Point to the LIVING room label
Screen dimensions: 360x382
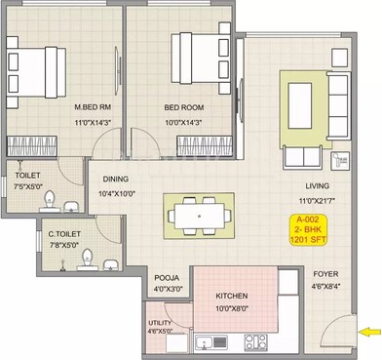coord(315,185)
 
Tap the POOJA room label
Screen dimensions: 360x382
coord(167,277)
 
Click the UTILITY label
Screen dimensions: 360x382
coord(160,321)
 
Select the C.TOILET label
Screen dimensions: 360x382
coord(65,234)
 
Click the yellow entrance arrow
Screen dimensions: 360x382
coord(369,333)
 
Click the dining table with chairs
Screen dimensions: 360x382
coord(201,213)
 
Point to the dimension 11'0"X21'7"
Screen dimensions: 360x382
coord(315,199)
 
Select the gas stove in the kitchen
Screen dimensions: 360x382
coord(254,342)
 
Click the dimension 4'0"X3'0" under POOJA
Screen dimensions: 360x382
coord(167,289)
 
